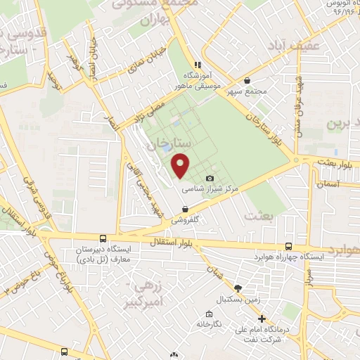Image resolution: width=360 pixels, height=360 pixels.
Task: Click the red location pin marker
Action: tap(181, 165)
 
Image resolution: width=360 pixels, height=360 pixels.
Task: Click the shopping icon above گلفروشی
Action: tap(185, 209)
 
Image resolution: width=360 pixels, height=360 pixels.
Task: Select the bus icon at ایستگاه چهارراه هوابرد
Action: tap(289, 246)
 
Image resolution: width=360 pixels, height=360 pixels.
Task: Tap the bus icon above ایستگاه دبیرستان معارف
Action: tap(103, 239)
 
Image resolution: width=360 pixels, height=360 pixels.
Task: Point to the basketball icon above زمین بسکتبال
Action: tap(238, 288)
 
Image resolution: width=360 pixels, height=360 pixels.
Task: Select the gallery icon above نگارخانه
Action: tap(208, 314)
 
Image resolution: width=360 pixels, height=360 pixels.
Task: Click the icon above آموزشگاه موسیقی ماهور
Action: tap(198, 65)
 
